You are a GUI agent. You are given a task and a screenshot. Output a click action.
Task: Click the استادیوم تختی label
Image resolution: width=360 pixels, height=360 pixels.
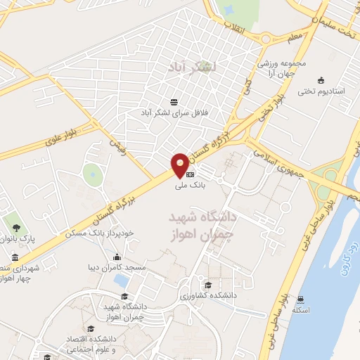point(321,91)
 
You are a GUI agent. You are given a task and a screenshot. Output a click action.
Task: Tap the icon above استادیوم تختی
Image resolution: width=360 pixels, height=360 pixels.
point(321,79)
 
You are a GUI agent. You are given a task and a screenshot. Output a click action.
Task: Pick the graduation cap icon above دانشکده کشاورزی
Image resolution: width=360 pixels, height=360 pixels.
point(207,285)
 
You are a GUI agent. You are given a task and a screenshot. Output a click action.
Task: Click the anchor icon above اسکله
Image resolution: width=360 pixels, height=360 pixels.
point(302,299)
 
